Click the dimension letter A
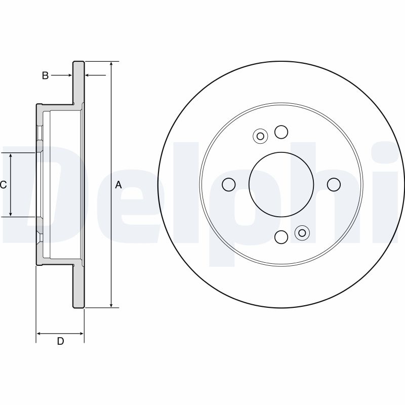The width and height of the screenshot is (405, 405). [118, 185]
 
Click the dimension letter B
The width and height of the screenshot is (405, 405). [45, 75]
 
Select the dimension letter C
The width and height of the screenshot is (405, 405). [3, 185]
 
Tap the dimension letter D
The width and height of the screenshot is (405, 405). [60, 341]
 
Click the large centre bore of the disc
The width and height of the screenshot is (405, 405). [281, 184]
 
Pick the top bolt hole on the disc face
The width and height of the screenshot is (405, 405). [281, 132]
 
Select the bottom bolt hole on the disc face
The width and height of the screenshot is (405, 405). [281, 237]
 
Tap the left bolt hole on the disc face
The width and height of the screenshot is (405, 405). [229, 184]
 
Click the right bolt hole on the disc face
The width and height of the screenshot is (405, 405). [334, 184]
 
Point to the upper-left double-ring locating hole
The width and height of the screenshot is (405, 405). [260, 136]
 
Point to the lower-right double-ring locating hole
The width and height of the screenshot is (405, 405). [302, 233]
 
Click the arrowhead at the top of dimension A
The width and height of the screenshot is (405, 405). [111, 64]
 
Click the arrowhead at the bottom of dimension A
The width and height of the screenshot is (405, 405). [111, 305]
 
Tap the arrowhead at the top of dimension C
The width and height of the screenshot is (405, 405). [11, 156]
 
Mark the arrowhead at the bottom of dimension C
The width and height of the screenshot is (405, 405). [11, 214]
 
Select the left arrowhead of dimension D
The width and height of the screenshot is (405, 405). [39, 334]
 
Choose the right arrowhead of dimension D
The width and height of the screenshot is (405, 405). [81, 334]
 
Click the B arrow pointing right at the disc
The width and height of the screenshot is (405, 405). [61, 75]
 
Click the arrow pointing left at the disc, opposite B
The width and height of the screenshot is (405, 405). [95, 75]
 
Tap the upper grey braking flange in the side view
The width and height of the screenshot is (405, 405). [78, 83]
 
